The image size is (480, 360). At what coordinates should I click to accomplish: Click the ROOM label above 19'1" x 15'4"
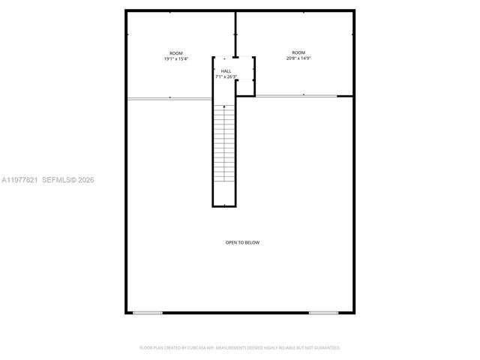tap(176, 53)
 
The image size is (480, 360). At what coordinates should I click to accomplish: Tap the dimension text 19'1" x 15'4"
tap(176, 59)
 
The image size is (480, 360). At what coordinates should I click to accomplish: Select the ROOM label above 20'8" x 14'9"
tap(298, 52)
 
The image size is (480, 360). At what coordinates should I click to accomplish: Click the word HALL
tap(226, 71)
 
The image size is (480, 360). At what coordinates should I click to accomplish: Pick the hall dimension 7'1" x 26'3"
tap(226, 77)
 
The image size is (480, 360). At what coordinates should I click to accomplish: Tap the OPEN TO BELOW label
tap(242, 242)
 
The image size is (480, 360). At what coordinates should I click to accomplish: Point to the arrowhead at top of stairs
tap(224, 108)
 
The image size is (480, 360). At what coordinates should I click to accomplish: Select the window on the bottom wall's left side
tap(148, 313)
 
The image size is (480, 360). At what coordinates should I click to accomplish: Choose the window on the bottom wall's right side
tap(323, 313)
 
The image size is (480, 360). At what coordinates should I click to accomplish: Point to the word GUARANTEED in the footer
tap(325, 348)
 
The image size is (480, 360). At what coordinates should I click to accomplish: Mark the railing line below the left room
tap(169, 98)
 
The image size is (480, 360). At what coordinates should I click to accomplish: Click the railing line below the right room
tap(303, 96)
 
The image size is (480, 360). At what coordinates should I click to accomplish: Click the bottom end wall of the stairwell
tap(224, 205)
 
